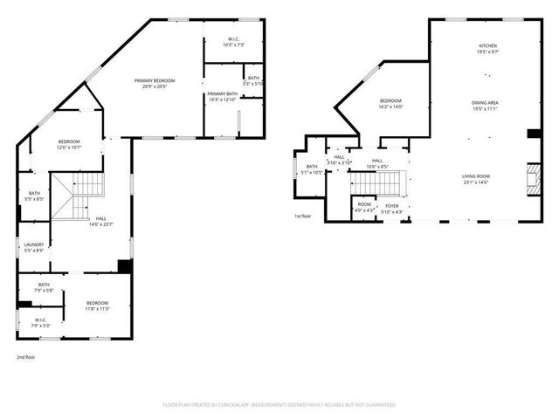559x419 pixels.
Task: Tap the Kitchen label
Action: click(x=487, y=46)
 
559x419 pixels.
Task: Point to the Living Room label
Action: click(x=480, y=177)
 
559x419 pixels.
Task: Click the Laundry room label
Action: click(x=34, y=244)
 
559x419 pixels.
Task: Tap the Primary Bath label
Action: click(x=222, y=93)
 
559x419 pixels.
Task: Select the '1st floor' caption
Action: click(x=303, y=216)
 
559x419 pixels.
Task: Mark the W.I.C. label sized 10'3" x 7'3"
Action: click(x=234, y=39)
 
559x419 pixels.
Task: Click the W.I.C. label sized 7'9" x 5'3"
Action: click(x=41, y=320)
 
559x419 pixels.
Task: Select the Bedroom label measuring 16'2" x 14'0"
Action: click(x=390, y=102)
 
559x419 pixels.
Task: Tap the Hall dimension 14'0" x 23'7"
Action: click(x=101, y=224)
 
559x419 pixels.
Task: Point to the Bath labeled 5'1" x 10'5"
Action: click(x=312, y=168)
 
